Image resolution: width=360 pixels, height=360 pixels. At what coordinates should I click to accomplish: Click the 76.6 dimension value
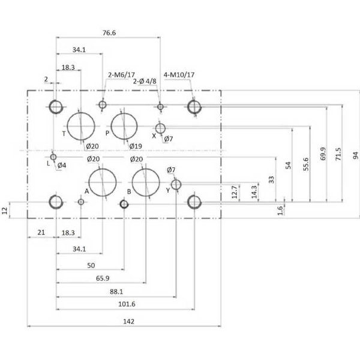click(x=109, y=33)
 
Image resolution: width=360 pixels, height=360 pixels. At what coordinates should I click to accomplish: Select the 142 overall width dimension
click(x=128, y=322)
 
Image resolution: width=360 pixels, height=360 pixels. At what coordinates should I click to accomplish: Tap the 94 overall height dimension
click(x=355, y=155)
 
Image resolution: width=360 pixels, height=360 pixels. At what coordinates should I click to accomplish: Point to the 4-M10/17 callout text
click(x=179, y=74)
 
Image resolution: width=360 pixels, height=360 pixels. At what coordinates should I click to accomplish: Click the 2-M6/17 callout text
click(x=121, y=75)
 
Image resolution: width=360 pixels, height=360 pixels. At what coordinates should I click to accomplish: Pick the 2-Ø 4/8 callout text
click(x=145, y=81)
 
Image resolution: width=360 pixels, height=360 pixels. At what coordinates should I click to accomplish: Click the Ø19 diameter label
click(x=136, y=146)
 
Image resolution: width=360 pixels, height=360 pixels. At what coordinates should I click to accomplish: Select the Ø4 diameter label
click(x=62, y=166)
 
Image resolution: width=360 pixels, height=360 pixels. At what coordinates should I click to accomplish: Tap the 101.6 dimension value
click(x=127, y=304)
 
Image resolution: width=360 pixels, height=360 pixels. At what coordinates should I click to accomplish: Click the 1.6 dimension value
click(x=280, y=211)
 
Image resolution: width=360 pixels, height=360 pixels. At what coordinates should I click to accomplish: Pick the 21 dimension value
click(x=41, y=233)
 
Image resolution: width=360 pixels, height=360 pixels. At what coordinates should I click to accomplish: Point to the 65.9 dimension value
click(x=103, y=278)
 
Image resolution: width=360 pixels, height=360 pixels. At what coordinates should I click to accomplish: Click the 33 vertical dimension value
click(x=271, y=179)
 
